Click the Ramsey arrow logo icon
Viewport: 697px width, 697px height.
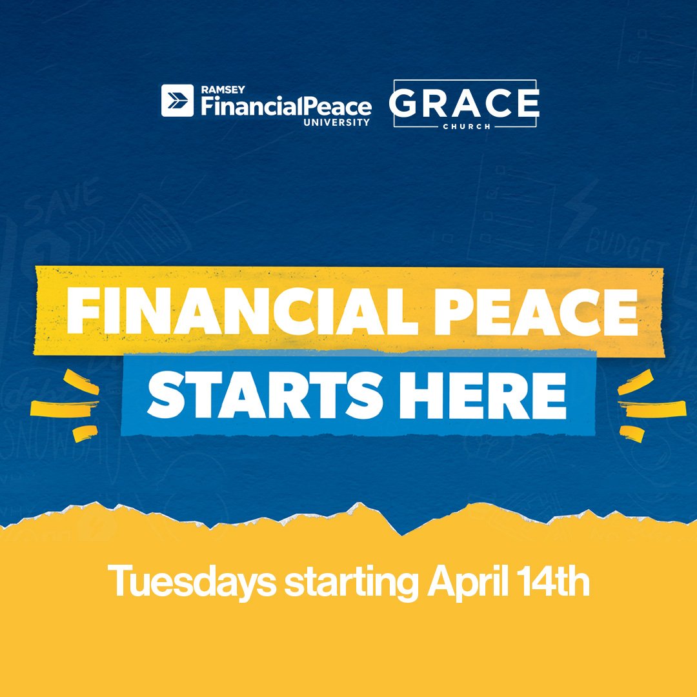click(177, 101)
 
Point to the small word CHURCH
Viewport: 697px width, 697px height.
click(464, 126)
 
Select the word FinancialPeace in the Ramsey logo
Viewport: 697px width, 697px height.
click(286, 106)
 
